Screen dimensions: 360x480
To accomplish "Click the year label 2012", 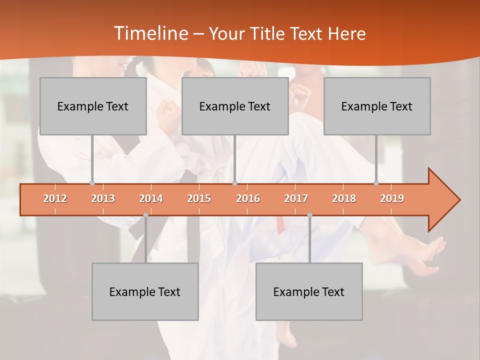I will pyautogui.click(x=55, y=198).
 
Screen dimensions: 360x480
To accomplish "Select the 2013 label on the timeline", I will pyautogui.click(x=103, y=198).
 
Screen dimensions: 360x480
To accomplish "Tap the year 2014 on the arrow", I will pyautogui.click(x=151, y=198).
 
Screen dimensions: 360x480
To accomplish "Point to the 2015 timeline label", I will pyautogui.click(x=199, y=198).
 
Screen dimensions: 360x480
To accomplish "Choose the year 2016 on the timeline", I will pyautogui.click(x=248, y=198).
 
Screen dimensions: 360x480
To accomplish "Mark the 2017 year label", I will pyautogui.click(x=296, y=198).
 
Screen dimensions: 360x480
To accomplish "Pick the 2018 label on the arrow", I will pyautogui.click(x=344, y=198).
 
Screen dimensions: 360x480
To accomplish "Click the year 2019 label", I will pyautogui.click(x=392, y=198).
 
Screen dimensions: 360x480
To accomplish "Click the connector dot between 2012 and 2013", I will pyautogui.click(x=92, y=183).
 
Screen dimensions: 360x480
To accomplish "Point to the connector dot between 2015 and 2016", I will pyautogui.click(x=234, y=183).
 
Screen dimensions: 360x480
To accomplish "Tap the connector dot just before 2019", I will pyautogui.click(x=376, y=183).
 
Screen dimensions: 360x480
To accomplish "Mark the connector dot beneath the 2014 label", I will pyautogui.click(x=145, y=214).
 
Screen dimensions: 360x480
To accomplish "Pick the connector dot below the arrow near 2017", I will pyautogui.click(x=309, y=214).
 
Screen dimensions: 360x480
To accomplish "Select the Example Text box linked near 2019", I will pyautogui.click(x=377, y=106).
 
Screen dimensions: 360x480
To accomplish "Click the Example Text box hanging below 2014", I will pyautogui.click(x=145, y=291).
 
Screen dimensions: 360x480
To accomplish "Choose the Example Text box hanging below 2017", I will pyautogui.click(x=309, y=291).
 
